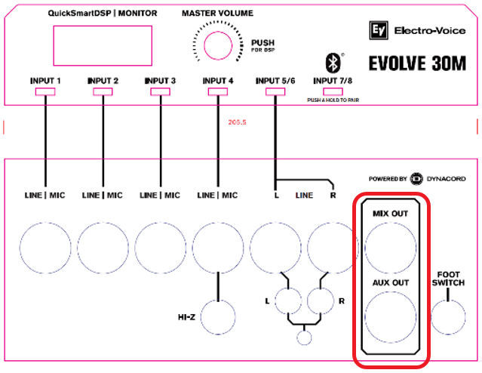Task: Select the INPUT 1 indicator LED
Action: (45, 92)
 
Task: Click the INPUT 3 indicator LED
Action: (159, 92)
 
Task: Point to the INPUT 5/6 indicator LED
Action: (275, 92)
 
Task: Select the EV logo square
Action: (378, 31)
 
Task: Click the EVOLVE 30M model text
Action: (419, 62)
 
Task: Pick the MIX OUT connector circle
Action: (390, 247)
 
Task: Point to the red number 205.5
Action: (238, 121)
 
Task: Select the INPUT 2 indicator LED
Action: (103, 92)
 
